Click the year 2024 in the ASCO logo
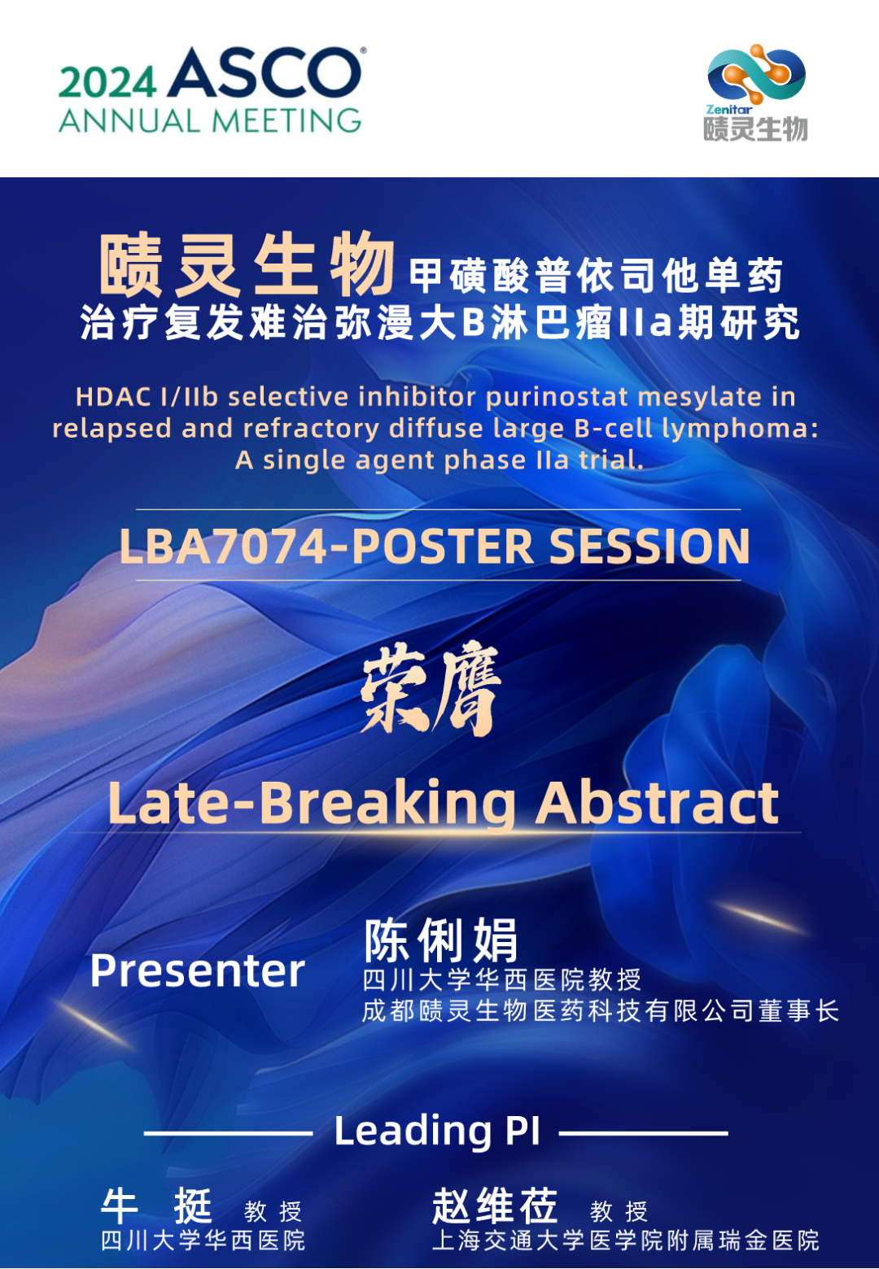107,82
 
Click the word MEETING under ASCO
286,120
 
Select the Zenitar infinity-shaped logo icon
757,74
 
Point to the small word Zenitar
728,109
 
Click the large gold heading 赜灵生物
247,265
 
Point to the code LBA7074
223,546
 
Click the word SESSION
649,546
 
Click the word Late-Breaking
312,805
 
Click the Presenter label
198,971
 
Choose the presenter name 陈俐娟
441,940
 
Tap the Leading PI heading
438,1132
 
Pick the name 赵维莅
495,1206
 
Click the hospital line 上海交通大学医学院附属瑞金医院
626,1241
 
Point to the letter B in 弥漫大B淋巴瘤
474,324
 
